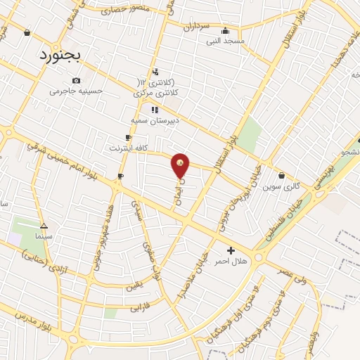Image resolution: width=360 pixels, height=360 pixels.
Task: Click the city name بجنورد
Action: click(60, 54)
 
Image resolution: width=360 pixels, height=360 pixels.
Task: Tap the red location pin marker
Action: click(180, 166)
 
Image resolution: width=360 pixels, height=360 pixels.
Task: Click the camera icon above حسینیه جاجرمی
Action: click(76, 81)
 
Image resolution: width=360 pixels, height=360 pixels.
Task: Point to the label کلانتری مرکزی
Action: click(164, 93)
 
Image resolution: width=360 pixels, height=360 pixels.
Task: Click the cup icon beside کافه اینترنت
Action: click(127, 138)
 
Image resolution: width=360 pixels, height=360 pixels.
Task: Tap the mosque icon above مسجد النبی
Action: click(224, 30)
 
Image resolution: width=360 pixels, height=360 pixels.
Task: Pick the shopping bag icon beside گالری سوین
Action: click(281, 176)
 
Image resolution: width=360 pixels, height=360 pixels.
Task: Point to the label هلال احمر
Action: click(231, 261)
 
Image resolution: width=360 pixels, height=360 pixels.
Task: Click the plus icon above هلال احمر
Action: click(231, 250)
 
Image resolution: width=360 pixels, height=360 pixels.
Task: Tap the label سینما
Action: click(44, 237)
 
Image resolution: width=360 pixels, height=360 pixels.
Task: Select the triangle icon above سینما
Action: click(44, 226)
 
